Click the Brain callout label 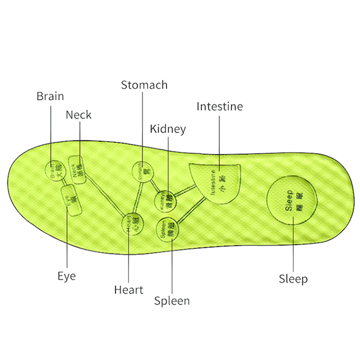tap(50, 96)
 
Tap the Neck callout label tap(78, 115)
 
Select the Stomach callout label tap(144, 85)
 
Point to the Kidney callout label tap(167, 129)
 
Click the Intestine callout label tap(220, 107)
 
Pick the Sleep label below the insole tap(293, 279)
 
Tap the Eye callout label tap(67, 275)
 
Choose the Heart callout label tap(128, 290)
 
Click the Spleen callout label tap(172, 301)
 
